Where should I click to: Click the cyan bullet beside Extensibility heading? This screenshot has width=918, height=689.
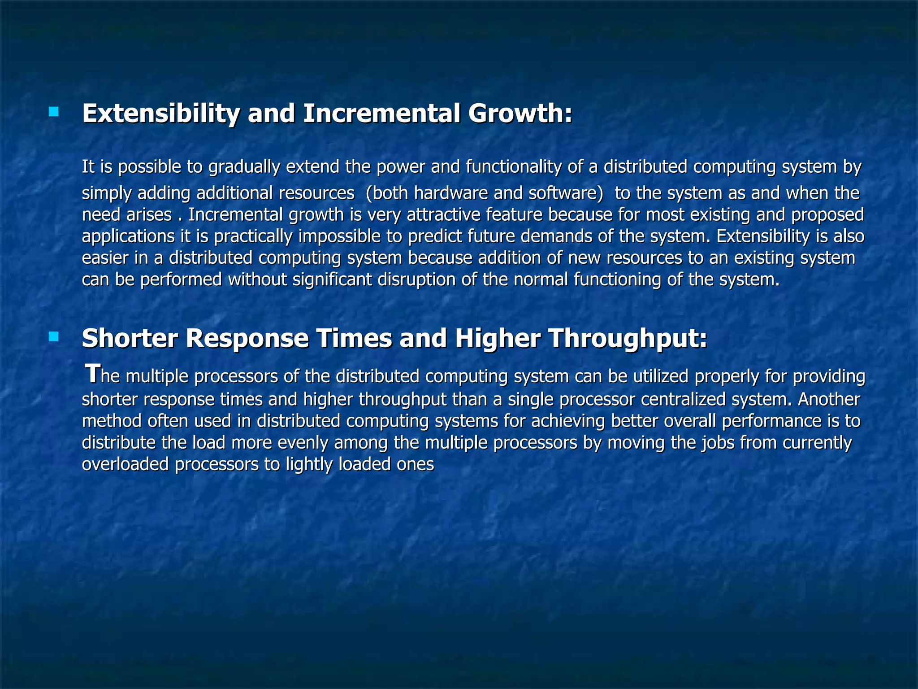pyautogui.click(x=54, y=112)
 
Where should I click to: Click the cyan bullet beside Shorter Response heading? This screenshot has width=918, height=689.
pyautogui.click(x=54, y=336)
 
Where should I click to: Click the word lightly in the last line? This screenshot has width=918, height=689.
pyautogui.click(x=309, y=464)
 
